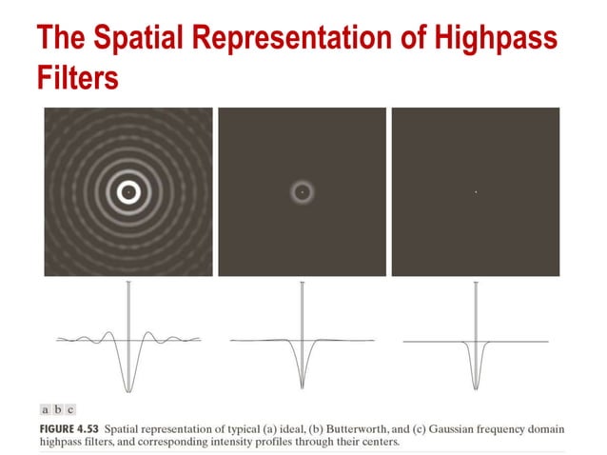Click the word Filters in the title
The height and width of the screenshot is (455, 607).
click(x=77, y=75)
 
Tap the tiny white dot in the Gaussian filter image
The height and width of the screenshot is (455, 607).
click(x=475, y=192)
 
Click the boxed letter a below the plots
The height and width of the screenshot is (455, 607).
click(x=45, y=409)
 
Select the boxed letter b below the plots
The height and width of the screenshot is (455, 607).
click(x=57, y=409)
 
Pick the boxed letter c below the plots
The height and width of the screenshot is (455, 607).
click(x=69, y=409)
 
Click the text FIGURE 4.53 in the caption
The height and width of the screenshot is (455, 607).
click(x=70, y=426)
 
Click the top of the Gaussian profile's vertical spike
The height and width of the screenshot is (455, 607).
click(x=475, y=285)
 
